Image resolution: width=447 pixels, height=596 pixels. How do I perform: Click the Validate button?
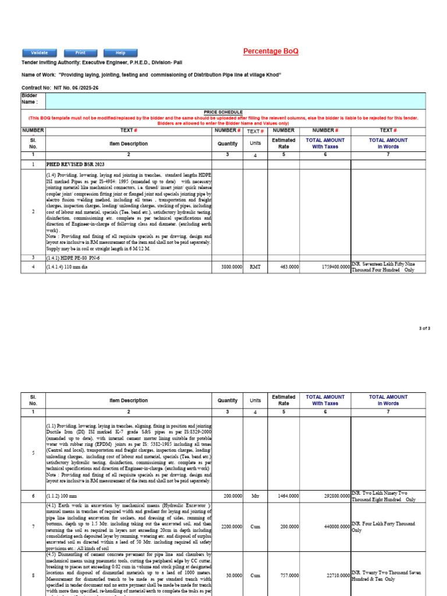(40, 53)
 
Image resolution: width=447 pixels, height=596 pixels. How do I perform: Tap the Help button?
(120, 53)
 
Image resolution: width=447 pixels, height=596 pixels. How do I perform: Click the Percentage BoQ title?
(271, 52)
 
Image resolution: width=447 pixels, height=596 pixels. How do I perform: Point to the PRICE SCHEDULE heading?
(223, 112)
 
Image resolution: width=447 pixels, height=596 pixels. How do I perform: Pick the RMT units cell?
(255, 267)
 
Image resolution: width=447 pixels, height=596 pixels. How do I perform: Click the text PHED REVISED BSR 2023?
(75, 165)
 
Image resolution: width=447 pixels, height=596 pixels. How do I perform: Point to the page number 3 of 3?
(441, 329)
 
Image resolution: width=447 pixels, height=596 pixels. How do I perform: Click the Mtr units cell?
(255, 496)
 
